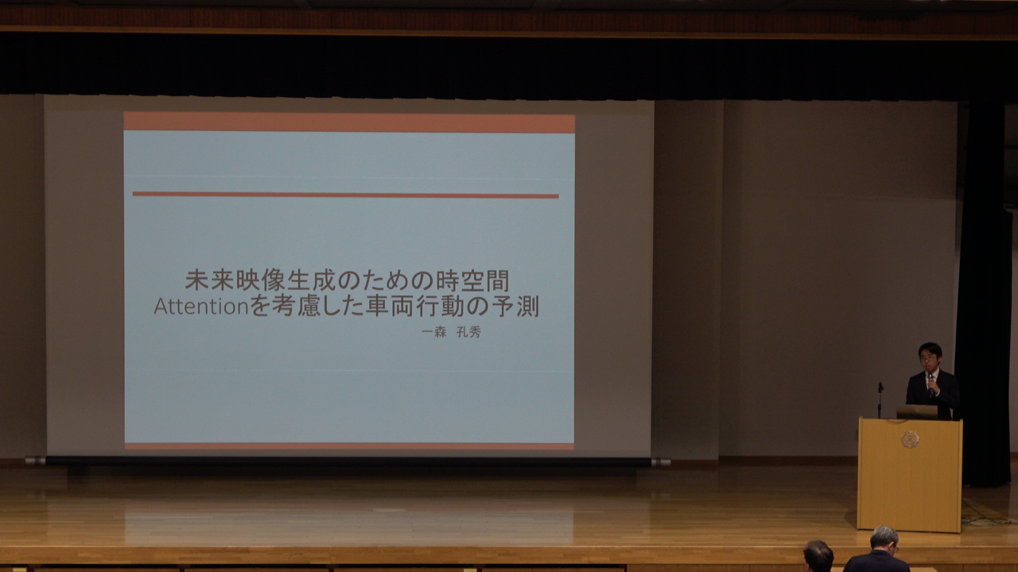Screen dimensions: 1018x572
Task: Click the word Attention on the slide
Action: pyautogui.click(x=201, y=307)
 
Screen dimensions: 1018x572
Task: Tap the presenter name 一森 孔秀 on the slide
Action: pyautogui.click(x=451, y=332)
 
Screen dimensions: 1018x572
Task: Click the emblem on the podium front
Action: pyautogui.click(x=910, y=439)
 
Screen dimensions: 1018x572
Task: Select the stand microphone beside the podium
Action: pyautogui.click(x=880, y=400)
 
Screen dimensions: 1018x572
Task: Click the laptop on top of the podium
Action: pyautogui.click(x=917, y=412)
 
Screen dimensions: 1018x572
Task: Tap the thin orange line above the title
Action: pyautogui.click(x=345, y=195)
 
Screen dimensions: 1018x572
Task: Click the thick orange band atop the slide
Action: pyautogui.click(x=349, y=122)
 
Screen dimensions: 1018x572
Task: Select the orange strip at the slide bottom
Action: pyautogui.click(x=349, y=446)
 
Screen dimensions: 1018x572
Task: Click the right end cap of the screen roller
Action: pyautogui.click(x=661, y=462)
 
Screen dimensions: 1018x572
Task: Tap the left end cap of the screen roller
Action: pyautogui.click(x=36, y=461)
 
